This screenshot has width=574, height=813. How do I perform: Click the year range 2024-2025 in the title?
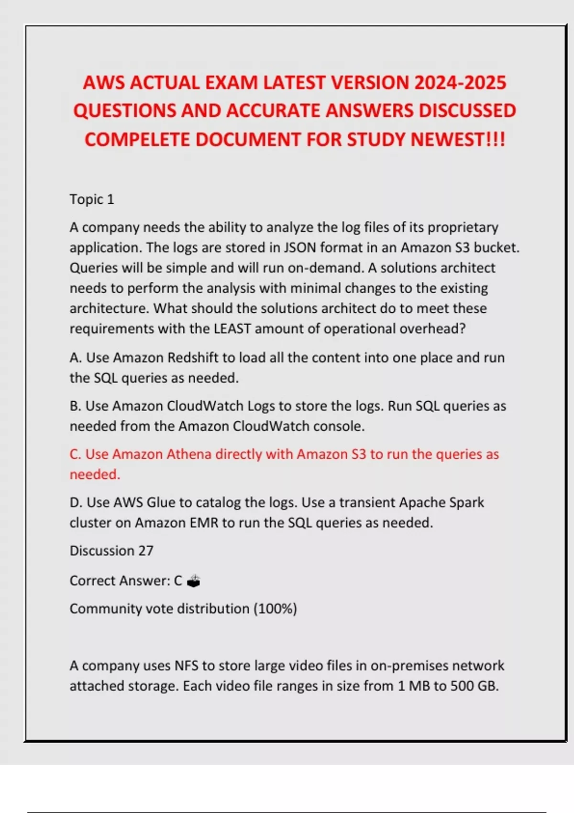pos(460,83)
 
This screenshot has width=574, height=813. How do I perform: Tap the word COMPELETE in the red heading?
pos(137,140)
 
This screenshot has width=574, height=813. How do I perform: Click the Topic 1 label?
pos(92,199)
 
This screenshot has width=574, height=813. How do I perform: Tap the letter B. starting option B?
pos(75,406)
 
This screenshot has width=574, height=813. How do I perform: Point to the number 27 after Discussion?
pos(146,551)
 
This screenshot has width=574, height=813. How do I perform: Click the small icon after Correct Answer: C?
pos(193,581)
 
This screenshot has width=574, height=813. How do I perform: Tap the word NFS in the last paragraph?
pos(186,666)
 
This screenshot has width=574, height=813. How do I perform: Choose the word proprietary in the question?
pos(463,228)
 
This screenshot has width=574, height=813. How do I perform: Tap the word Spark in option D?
pos(465,503)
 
